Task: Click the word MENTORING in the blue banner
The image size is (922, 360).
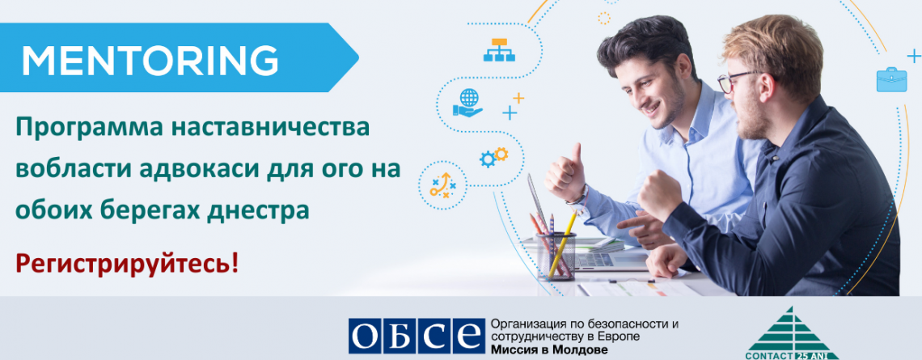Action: pyautogui.click(x=150, y=59)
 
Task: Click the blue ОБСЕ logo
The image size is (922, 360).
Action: pyautogui.click(x=416, y=336)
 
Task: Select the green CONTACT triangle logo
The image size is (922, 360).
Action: pyautogui.click(x=792, y=333)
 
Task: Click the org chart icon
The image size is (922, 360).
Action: pyautogui.click(x=499, y=50)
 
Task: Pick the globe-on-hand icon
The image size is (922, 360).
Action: pyautogui.click(x=468, y=103)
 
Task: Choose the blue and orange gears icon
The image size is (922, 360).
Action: pyautogui.click(x=493, y=157)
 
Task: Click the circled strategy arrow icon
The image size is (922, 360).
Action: pyautogui.click(x=442, y=184)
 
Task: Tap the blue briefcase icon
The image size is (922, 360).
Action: pyautogui.click(x=891, y=79)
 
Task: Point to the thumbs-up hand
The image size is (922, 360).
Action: pyautogui.click(x=565, y=174)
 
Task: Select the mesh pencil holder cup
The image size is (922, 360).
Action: pyautogui.click(x=556, y=256)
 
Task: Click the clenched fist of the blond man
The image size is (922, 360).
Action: pyautogui.click(x=659, y=195)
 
